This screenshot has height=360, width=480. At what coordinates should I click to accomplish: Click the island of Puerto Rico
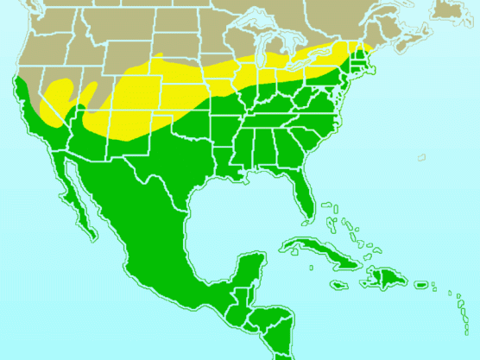point(421,285)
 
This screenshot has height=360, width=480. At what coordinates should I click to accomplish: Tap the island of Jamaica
point(338,283)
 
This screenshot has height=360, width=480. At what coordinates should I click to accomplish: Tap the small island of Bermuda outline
point(422,157)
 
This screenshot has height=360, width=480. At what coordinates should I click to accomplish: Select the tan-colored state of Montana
point(104,26)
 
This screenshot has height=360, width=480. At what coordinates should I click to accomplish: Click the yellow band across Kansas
point(173,95)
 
